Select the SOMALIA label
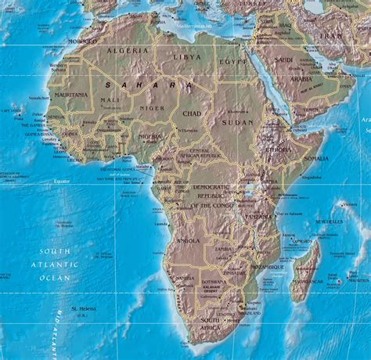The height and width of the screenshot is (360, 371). point(316,158)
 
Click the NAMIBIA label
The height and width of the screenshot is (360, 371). point(185,278)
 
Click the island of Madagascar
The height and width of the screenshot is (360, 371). point(307,270)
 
